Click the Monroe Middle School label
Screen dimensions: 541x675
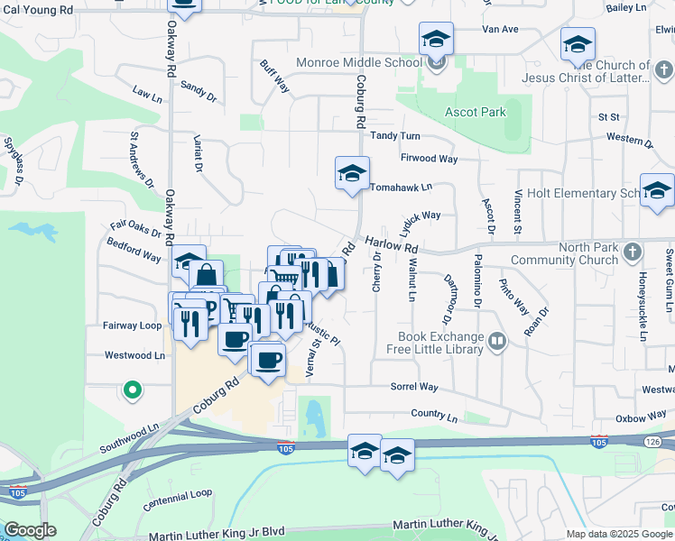tap(359, 63)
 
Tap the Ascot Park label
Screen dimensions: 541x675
tap(476, 113)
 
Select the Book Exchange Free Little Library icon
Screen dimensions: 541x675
tap(498, 341)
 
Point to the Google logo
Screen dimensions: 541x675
tap(30, 530)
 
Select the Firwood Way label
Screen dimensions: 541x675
tap(430, 159)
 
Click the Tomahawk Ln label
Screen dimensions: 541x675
tap(402, 188)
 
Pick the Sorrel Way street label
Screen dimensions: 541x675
tap(414, 387)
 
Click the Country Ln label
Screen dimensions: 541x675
tap(433, 416)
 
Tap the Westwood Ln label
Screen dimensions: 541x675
tap(135, 355)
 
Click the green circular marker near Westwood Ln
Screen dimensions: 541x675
tap(133, 390)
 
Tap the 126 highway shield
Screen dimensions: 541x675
tap(656, 441)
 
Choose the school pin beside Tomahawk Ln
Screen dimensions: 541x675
tap(352, 173)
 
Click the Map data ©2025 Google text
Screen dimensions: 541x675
tap(620, 534)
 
